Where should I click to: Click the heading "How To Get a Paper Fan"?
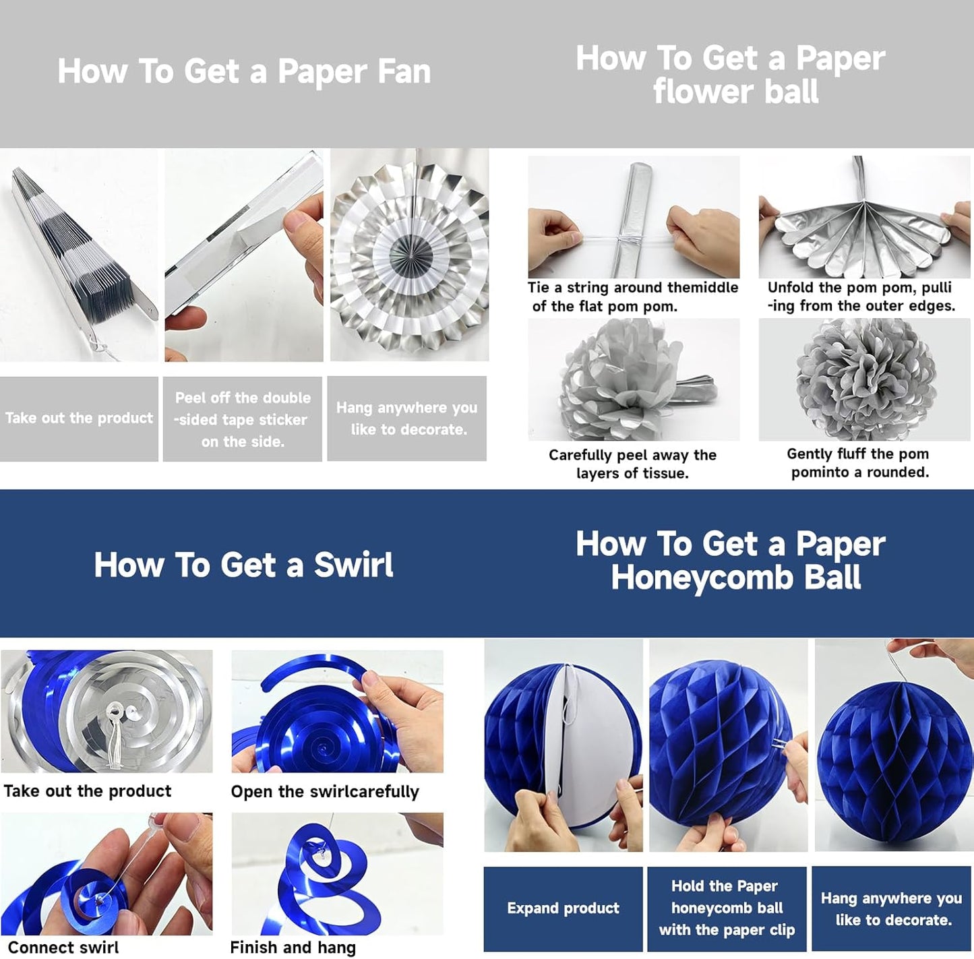(x=244, y=71)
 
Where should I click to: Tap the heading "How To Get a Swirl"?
(x=243, y=565)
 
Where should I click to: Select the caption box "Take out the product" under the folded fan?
(x=79, y=419)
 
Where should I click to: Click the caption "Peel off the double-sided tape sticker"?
(x=242, y=419)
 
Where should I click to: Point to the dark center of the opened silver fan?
(x=408, y=253)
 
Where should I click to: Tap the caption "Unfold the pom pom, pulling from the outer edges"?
(x=861, y=297)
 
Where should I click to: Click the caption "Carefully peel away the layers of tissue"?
(x=632, y=464)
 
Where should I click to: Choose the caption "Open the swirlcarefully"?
(x=325, y=791)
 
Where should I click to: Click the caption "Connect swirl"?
(x=63, y=947)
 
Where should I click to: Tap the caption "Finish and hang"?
(x=293, y=947)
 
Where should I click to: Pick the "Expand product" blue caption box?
(x=563, y=908)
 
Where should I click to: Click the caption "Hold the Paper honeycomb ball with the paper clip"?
(x=727, y=908)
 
